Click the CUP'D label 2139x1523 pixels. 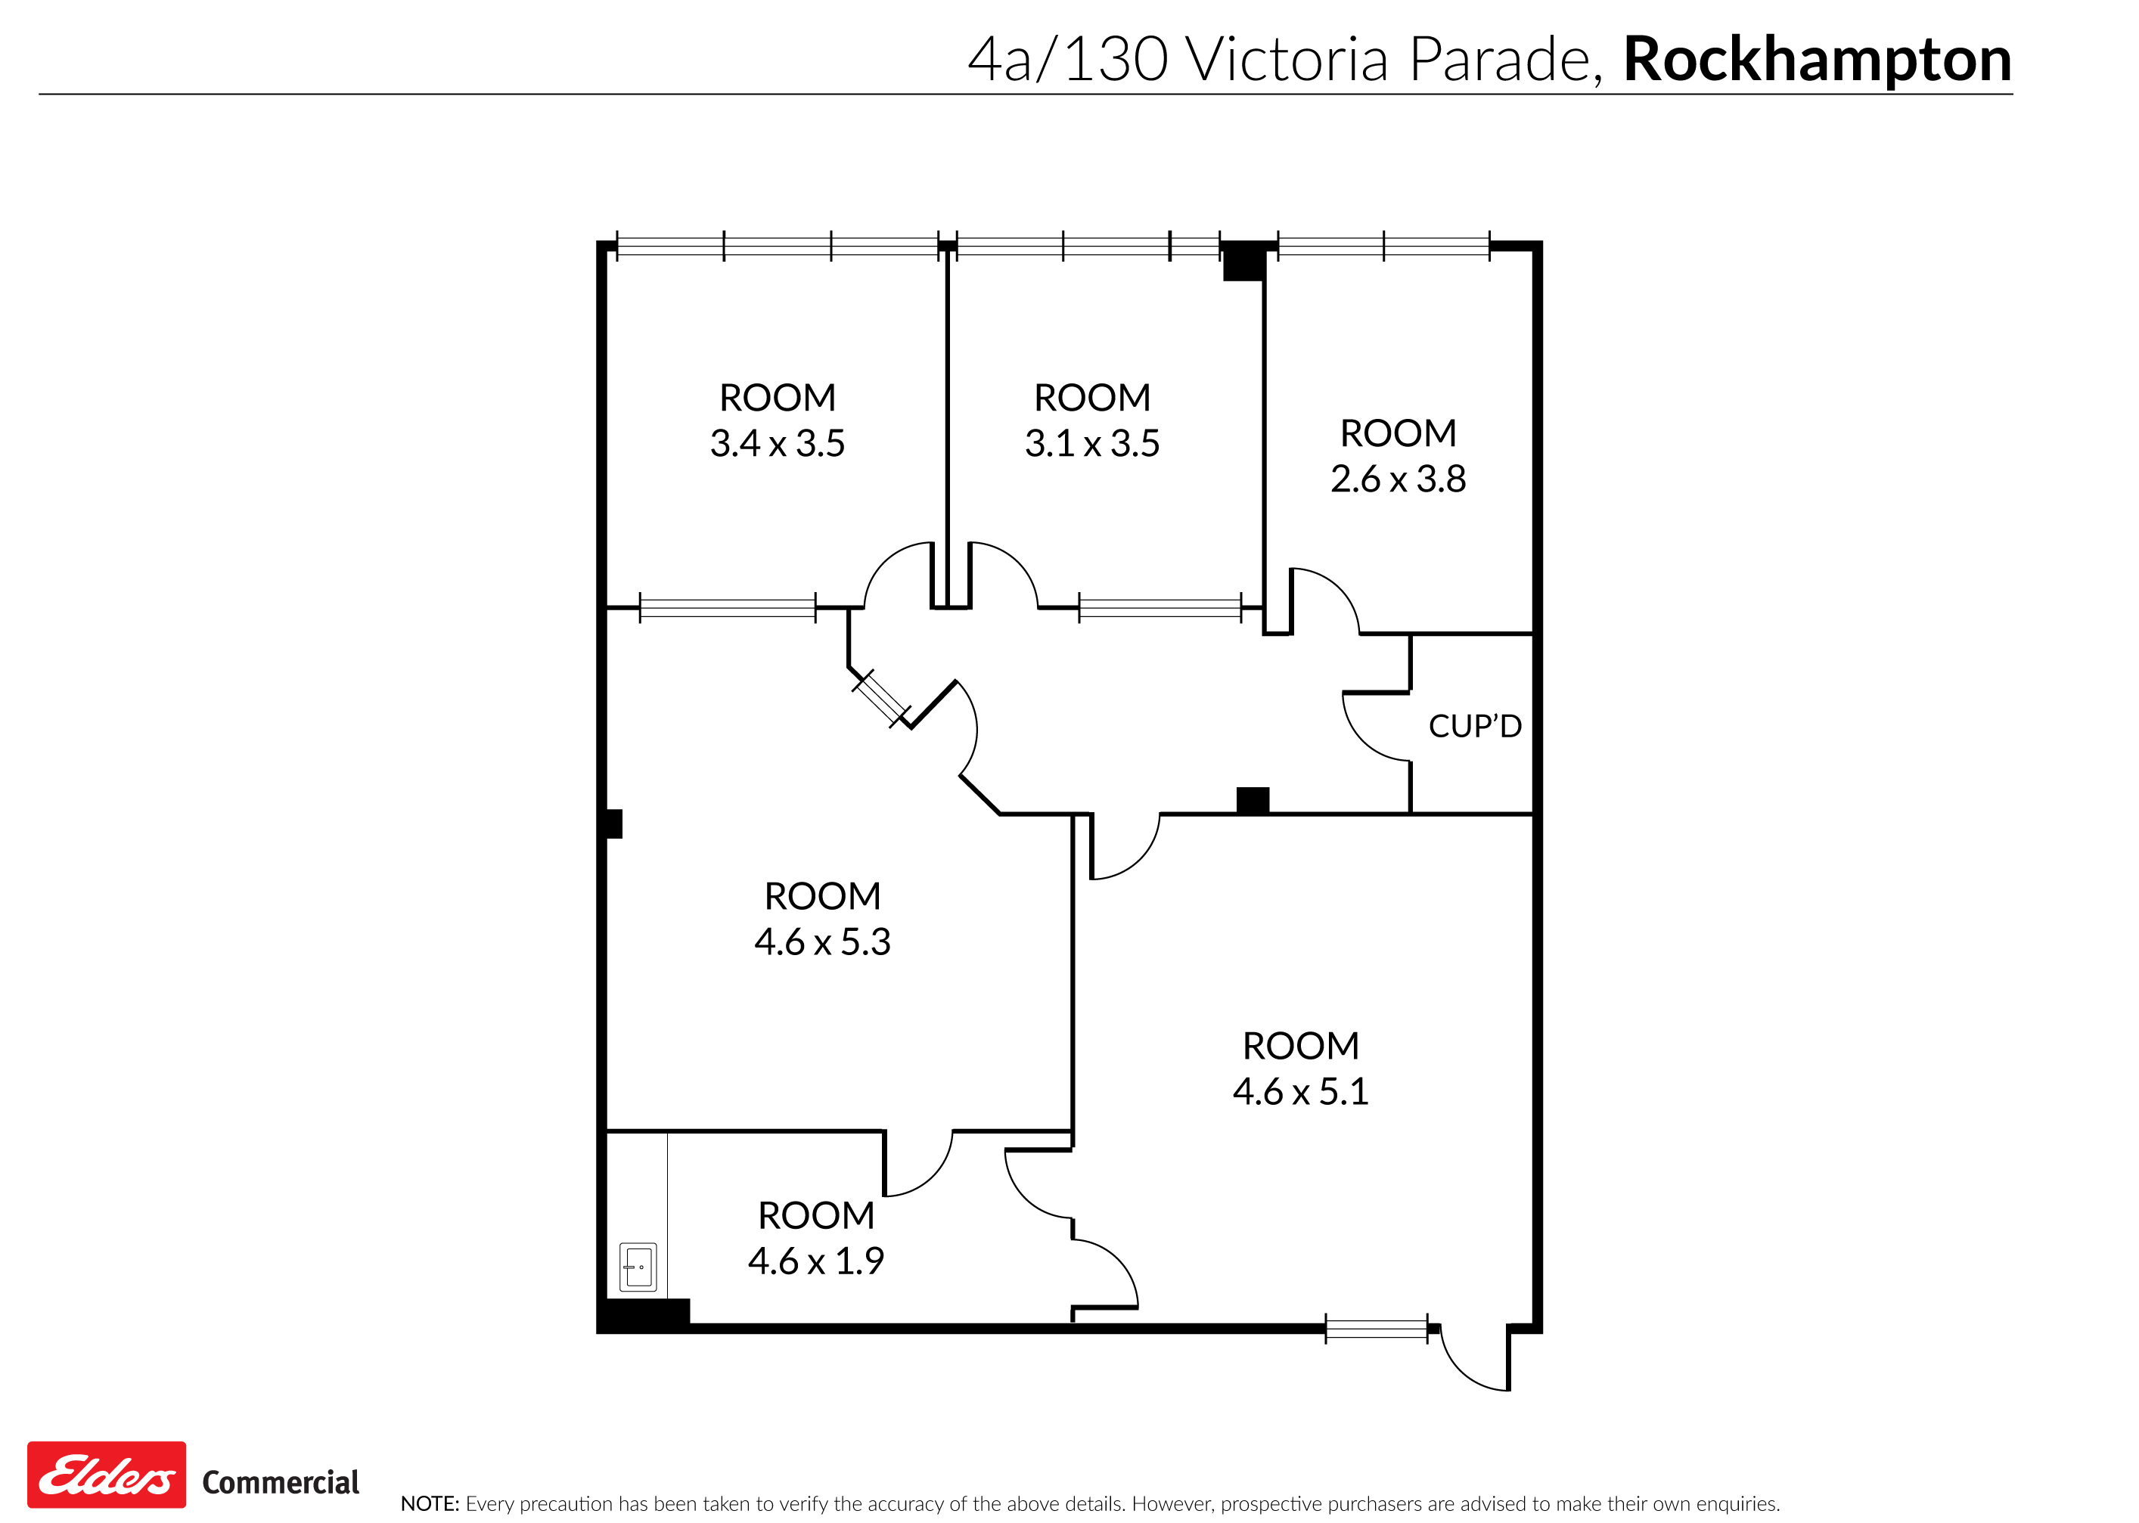(1474, 727)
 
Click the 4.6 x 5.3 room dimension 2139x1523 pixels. (822, 941)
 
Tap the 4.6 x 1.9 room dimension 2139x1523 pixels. (816, 1261)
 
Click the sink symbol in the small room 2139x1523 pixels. (638, 1267)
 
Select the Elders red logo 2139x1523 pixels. (107, 1475)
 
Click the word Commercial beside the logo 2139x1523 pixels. (281, 1483)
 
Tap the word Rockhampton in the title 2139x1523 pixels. (1817, 60)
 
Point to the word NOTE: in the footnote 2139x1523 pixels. (430, 1504)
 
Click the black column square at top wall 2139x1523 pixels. (1243, 261)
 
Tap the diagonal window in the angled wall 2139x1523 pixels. (880, 699)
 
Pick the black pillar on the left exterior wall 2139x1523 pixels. (613, 824)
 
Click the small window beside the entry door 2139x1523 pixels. (1376, 1329)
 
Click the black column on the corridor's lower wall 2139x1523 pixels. (1252, 800)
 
